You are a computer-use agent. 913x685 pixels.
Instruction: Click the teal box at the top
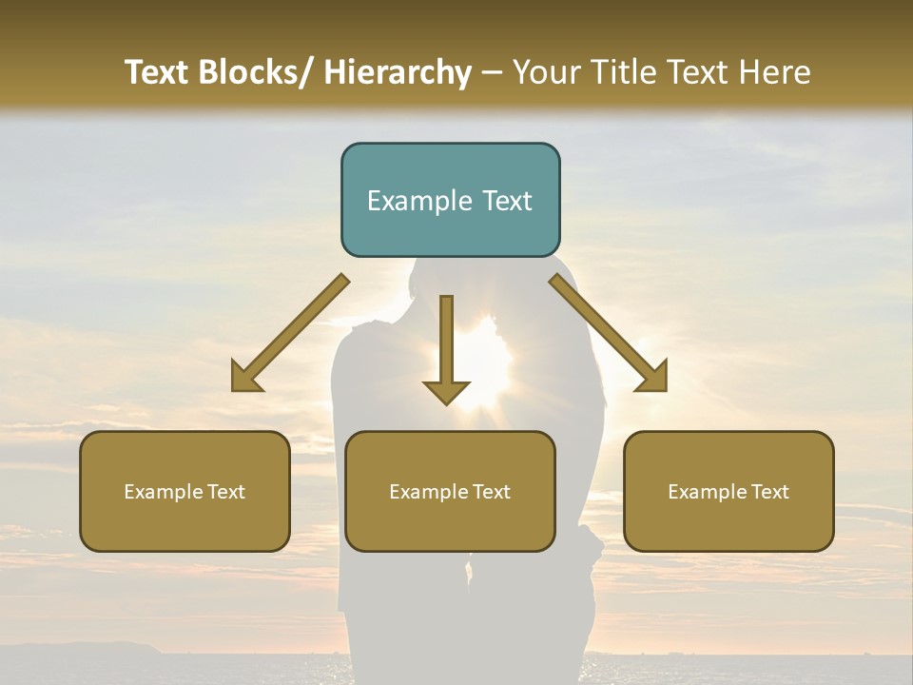coord(450,200)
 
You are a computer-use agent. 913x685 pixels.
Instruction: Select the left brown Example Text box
coord(185,491)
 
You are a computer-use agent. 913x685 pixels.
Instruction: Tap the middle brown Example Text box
coord(450,491)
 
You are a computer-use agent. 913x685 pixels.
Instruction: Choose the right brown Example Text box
coord(728,491)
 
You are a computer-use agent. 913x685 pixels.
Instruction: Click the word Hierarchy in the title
coord(398,72)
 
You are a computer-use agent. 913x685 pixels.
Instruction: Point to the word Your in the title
coord(544,72)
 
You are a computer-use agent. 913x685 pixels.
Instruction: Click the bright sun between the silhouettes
coord(487,366)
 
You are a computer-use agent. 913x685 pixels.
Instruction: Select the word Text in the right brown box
coord(768,491)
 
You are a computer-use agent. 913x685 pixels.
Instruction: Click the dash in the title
coord(492,72)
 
